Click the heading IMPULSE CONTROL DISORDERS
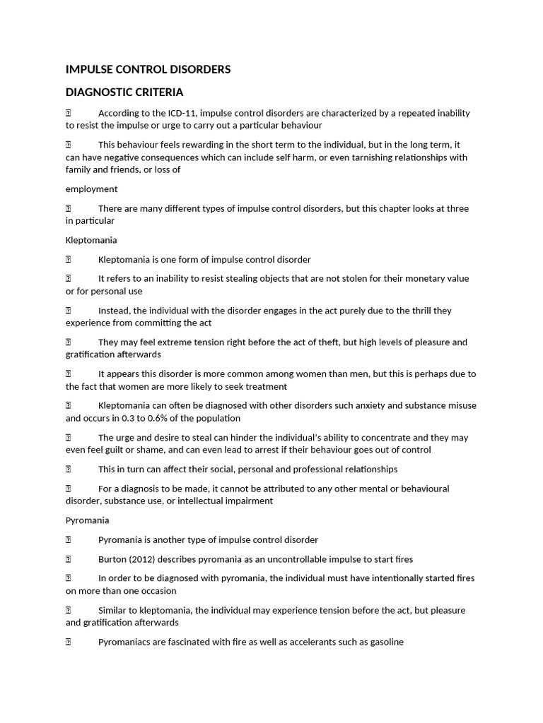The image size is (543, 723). tap(148, 69)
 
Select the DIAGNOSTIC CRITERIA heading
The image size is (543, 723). tap(124, 92)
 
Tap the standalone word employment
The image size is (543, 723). tap(92, 189)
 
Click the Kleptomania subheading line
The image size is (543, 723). tap(91, 240)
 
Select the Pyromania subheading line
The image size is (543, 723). tap(88, 520)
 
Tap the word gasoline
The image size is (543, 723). tap(383, 643)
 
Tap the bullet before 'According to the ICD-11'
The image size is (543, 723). tap(69, 113)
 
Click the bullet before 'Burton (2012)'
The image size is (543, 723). tap(69, 559)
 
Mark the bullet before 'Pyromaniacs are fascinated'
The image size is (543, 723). tap(69, 643)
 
